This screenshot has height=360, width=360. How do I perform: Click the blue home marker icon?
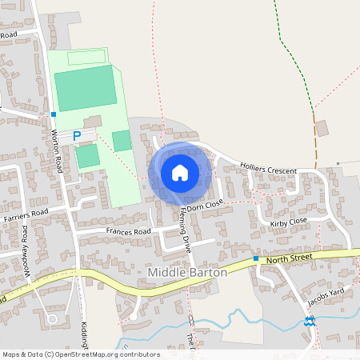pos(180,172)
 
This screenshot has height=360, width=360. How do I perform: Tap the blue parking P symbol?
pos(77,136)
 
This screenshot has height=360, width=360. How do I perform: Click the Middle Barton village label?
pos(188,273)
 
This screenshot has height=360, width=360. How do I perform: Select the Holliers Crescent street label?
pos(268,170)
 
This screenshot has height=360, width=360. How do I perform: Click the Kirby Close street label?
pos(289,222)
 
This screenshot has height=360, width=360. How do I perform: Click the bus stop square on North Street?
pos(256,258)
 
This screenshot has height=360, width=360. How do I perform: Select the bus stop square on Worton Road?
pos(54,114)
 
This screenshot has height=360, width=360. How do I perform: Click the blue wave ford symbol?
pos(309,322)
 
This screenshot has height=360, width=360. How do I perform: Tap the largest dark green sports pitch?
pos(85,88)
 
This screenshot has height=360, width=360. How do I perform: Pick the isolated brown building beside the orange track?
pos(322,128)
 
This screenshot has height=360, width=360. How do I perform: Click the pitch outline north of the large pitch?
pos(86,58)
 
